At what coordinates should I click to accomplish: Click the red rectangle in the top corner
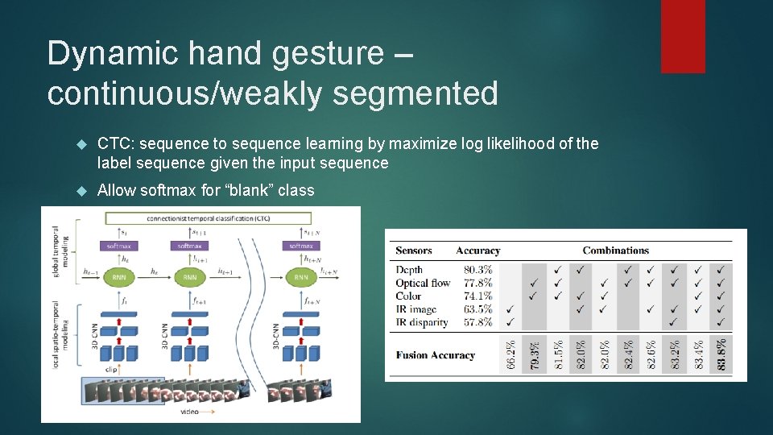(683, 36)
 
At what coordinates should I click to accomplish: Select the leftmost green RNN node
(119, 277)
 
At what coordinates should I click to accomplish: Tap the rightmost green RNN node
(301, 277)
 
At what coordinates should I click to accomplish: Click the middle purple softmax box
(190, 246)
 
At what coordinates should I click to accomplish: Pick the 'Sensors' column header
(414, 251)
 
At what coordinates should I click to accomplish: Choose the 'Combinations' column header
(617, 251)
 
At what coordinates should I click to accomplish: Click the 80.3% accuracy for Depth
(477, 270)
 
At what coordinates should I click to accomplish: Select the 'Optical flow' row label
(423, 283)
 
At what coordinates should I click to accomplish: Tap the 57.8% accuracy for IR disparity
(477, 321)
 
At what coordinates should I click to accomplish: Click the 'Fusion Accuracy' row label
(435, 355)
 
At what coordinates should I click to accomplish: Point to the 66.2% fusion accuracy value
(511, 354)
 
